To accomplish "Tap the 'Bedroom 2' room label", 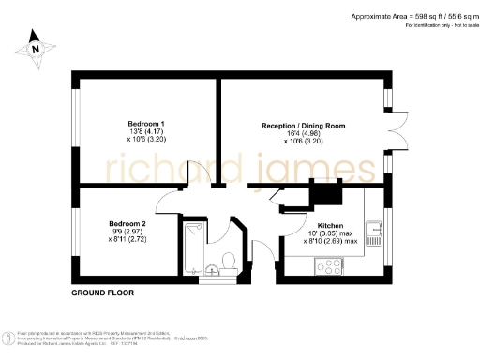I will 127,223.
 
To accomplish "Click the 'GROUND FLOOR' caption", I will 102,292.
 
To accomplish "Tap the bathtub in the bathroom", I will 194,246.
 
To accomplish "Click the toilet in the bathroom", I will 230,258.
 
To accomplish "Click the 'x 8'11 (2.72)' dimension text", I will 127,240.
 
